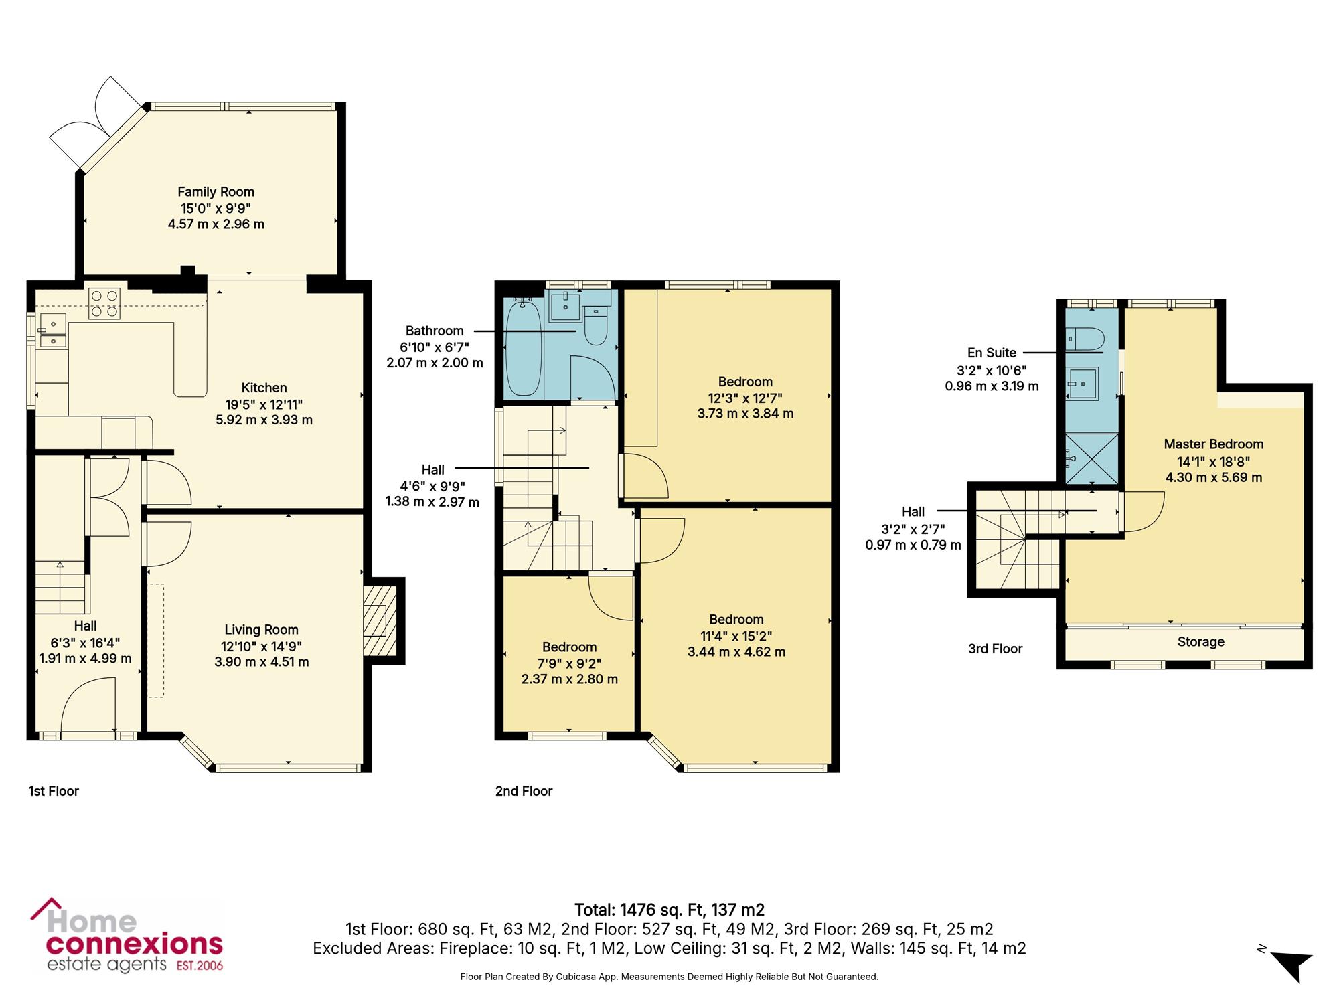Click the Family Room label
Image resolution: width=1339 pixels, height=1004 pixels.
(216, 192)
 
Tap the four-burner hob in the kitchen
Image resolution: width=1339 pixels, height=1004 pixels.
(104, 303)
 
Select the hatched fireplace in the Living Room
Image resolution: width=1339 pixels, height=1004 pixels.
(376, 621)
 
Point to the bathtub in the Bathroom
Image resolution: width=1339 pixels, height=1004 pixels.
(524, 349)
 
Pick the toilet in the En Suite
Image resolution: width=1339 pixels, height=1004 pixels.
(1085, 339)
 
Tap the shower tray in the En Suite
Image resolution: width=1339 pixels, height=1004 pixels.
(1092, 458)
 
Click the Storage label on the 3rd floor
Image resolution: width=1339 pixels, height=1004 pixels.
(1201, 642)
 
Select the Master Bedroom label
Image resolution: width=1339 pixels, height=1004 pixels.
(1214, 444)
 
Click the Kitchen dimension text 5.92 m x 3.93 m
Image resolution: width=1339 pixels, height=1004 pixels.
(264, 420)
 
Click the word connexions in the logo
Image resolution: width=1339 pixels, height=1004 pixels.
(134, 944)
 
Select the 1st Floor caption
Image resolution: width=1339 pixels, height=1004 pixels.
(54, 791)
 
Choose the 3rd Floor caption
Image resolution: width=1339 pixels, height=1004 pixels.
(996, 649)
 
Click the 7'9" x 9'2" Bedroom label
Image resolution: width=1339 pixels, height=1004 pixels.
(569, 663)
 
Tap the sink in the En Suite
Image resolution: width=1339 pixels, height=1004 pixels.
(1083, 384)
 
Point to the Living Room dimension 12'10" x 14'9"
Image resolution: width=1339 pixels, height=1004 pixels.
(261, 646)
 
